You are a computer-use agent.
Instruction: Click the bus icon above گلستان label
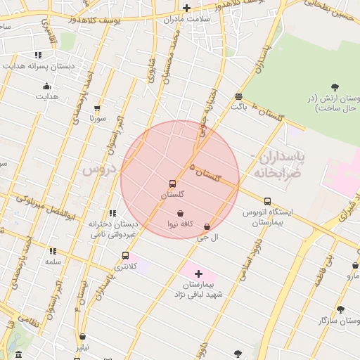point(172,184)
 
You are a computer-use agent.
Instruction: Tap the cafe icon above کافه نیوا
point(180,213)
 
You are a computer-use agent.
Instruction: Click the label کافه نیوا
point(179,224)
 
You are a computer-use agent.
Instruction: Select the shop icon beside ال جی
point(206,227)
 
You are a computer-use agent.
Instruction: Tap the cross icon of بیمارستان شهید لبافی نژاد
point(198,274)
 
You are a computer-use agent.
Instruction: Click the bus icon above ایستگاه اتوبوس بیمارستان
point(266,201)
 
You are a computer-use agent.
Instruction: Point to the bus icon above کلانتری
point(125,256)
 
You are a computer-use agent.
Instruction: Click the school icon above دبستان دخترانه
point(112,213)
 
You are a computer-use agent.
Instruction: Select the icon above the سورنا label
point(97,108)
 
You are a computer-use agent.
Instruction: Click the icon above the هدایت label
point(47,86)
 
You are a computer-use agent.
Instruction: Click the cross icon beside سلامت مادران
point(186,8)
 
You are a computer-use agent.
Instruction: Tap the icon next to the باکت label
point(239,96)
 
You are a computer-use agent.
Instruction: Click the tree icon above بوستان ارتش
point(334,87)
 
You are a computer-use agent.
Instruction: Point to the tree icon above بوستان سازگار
point(340,309)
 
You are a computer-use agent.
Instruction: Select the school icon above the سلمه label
point(53,251)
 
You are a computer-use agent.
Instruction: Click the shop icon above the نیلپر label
point(83,337)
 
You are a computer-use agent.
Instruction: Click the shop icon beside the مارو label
point(355,266)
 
